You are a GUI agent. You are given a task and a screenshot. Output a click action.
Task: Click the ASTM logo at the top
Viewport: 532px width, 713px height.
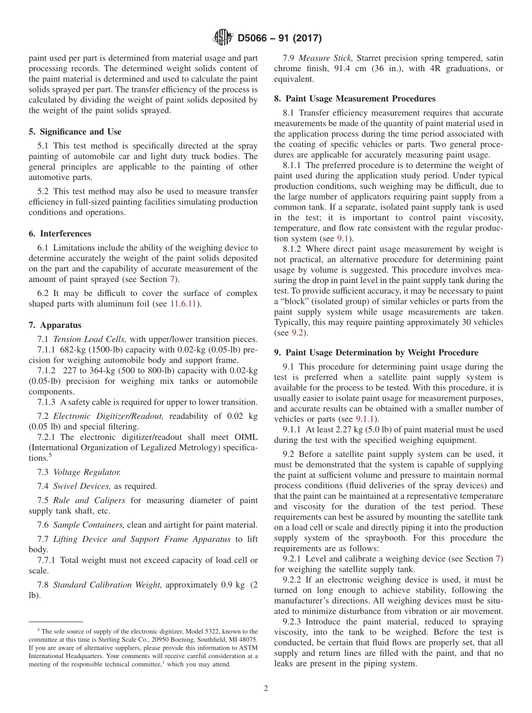tap(223, 38)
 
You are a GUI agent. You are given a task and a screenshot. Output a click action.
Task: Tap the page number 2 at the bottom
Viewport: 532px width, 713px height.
tap(266, 688)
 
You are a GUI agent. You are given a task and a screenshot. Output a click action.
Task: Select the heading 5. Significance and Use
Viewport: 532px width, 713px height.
tap(74, 132)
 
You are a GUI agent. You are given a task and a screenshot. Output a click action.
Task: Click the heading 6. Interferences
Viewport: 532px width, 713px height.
tap(60, 234)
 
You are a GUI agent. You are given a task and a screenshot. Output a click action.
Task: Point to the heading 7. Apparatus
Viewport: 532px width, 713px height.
tap(55, 325)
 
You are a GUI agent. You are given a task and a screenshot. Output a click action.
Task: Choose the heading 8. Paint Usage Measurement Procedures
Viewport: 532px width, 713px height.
tap(354, 99)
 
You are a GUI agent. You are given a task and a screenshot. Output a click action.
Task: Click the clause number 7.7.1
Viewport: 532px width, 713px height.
tap(47, 560)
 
